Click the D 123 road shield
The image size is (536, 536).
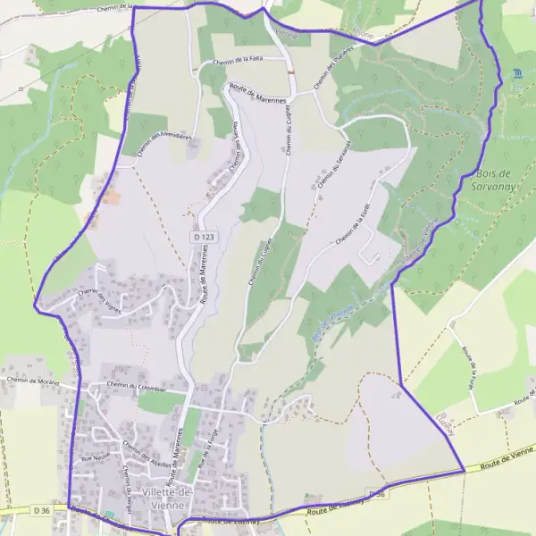tap(204, 237)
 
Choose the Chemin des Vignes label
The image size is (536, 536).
tap(99, 297)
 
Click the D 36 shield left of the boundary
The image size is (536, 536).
tap(39, 510)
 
